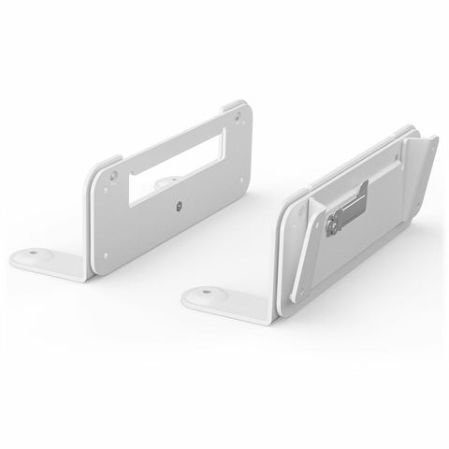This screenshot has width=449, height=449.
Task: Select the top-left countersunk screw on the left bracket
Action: (111, 172)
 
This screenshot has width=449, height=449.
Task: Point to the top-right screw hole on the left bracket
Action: (239, 116)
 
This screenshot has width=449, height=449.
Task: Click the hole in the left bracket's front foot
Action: (34, 252)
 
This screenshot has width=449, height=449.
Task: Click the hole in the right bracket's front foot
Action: (203, 294)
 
